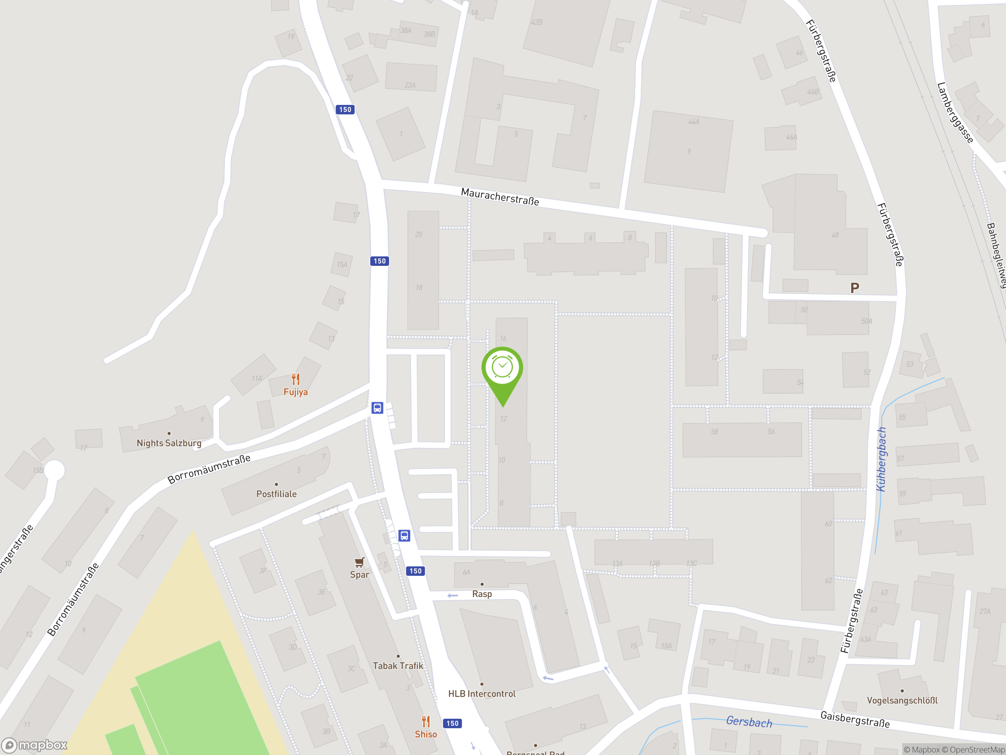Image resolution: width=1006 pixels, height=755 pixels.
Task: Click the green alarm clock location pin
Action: pos(502,370)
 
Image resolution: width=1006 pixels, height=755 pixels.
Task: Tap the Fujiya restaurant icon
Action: pos(296,379)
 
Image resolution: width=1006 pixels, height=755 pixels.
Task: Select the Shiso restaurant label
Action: pos(426,734)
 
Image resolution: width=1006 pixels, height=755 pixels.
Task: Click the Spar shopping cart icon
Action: pos(359,562)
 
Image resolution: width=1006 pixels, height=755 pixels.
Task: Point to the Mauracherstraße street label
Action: pos(500,197)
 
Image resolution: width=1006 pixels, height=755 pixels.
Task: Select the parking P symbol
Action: pos(855,287)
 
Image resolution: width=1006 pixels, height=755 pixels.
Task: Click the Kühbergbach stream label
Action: pos(881,459)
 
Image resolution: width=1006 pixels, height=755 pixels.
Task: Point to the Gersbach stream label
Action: pos(749,722)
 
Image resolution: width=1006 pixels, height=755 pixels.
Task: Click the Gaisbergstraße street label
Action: pos(855,720)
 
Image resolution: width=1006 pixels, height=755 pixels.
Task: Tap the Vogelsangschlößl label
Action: pos(902,700)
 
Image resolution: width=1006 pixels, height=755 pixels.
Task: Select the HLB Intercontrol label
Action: pos(482,694)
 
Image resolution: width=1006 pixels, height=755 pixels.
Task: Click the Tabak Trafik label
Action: pos(398,666)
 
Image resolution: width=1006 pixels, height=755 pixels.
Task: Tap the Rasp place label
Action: pos(482,594)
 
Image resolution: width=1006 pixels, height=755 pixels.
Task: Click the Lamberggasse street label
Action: pos(955,112)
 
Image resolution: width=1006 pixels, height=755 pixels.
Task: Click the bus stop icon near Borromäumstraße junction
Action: pos(377,408)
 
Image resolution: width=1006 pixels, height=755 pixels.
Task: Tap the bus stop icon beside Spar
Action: pos(404,536)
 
